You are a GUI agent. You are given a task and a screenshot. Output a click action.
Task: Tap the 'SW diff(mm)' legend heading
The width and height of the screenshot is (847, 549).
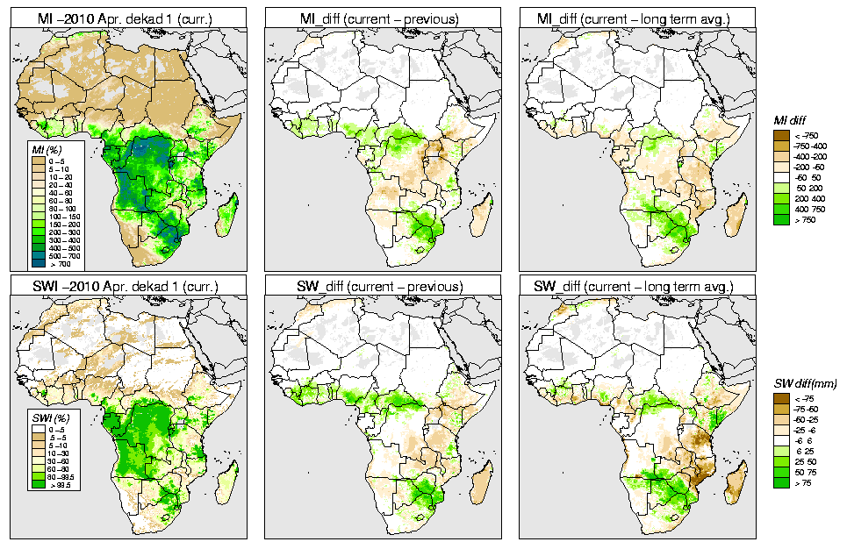pyautogui.click(x=806, y=385)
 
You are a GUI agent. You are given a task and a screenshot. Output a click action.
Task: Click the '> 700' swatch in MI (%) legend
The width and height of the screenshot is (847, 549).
pyautogui.click(x=39, y=263)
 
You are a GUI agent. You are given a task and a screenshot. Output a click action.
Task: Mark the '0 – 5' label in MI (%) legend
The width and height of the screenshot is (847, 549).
pyautogui.click(x=58, y=161)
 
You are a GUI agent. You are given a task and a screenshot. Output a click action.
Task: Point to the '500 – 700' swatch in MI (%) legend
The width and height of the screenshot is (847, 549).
pyautogui.click(x=39, y=255)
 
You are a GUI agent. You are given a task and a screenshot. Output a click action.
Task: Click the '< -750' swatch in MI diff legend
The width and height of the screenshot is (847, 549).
pyautogui.click(x=780, y=135)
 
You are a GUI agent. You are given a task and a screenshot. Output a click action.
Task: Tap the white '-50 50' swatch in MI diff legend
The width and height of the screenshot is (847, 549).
pyautogui.click(x=780, y=177)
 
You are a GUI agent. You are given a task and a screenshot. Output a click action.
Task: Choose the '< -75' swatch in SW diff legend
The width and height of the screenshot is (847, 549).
pyautogui.click(x=780, y=398)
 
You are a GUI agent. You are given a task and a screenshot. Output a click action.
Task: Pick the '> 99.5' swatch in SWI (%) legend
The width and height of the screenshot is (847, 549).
pyautogui.click(x=39, y=484)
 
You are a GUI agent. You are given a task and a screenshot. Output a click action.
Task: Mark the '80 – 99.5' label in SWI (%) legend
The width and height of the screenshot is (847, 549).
pyautogui.click(x=62, y=476)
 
